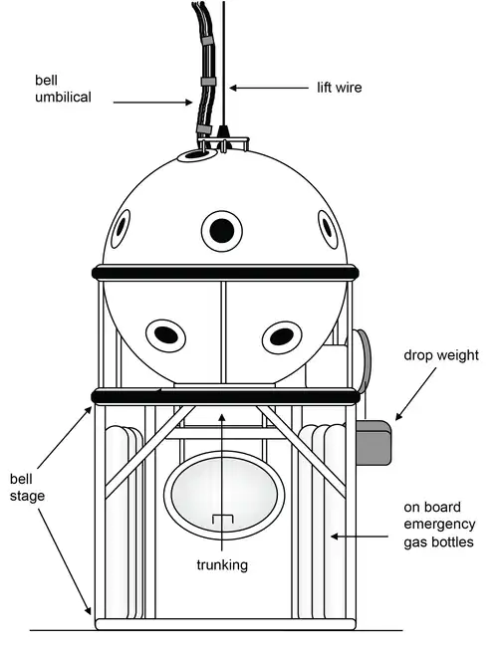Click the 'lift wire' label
point(339,88)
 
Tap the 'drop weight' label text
point(441,355)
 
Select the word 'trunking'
point(222,565)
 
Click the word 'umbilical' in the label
point(63,98)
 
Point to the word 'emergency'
point(439,525)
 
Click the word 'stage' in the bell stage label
point(27,496)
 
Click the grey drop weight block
point(373,443)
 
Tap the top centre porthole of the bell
point(222,231)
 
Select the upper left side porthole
point(121,229)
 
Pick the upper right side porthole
point(328,229)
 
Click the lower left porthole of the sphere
point(165,335)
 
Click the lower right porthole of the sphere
point(282,336)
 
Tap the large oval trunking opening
point(224,495)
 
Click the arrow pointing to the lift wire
point(269,88)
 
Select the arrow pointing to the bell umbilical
point(152,102)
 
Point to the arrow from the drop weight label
point(415,394)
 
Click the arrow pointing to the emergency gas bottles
point(360,537)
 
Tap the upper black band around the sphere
point(225,273)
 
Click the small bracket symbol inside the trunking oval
point(223,520)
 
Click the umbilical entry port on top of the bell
point(197,155)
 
